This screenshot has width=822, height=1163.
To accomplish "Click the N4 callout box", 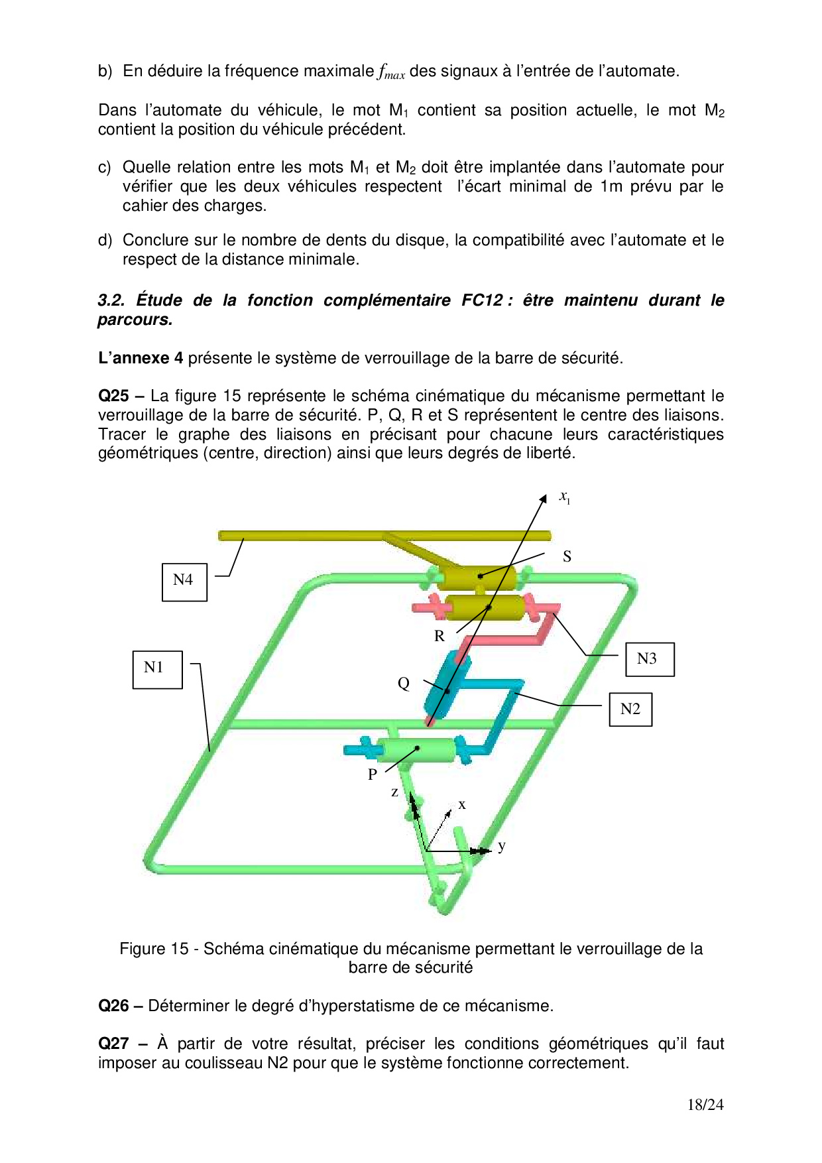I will tap(184, 581).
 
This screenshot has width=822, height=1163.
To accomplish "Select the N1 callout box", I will tap(157, 669).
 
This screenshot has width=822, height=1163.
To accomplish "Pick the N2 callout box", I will tap(630, 709).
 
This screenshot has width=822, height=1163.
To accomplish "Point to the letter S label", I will tap(567, 557).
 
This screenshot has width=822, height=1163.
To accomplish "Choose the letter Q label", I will tap(404, 684).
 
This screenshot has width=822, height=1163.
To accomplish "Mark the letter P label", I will tap(373, 774).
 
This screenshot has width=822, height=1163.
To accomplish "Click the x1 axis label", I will tap(565, 497).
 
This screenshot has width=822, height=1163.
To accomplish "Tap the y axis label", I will tap(502, 846).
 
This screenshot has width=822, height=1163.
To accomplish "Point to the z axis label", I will tap(395, 792).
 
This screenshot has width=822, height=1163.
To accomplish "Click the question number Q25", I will tap(113, 396).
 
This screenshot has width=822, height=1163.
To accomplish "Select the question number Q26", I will tap(113, 1006).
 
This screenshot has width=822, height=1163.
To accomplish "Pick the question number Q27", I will tap(113, 1044).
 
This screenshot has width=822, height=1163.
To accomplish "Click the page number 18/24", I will tap(705, 1105).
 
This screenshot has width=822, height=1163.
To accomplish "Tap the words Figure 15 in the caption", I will tap(154, 949).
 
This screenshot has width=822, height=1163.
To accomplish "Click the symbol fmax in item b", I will tap(391, 72).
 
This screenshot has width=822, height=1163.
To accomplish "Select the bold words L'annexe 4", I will tap(141, 358).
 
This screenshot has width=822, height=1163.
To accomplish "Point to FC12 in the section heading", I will tap(482, 300).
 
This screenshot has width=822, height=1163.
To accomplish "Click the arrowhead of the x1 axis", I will tap(543, 499).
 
